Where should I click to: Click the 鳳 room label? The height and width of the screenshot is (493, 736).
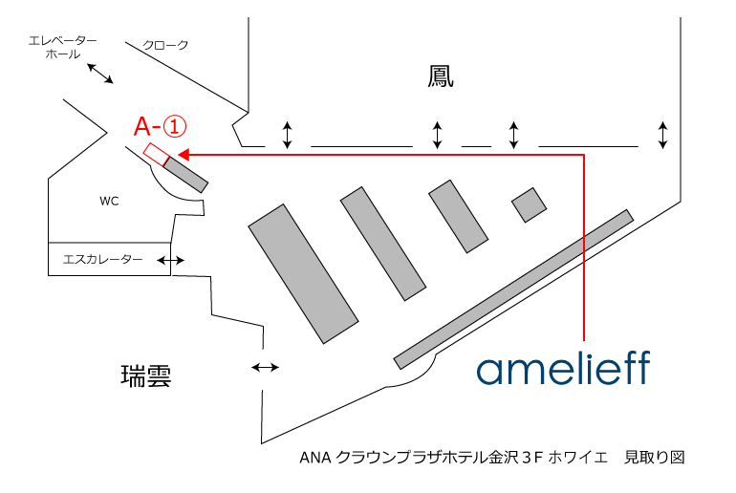tap(440, 76)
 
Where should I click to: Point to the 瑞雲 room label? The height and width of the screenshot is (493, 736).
tap(146, 374)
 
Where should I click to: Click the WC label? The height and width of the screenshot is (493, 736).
tap(109, 202)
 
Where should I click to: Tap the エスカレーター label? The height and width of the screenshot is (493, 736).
tap(102, 259)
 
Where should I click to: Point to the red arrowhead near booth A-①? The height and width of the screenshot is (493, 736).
tap(183, 153)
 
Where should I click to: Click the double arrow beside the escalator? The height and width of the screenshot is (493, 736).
tap(172, 260)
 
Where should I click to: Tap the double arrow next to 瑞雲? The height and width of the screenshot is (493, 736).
tap(265, 367)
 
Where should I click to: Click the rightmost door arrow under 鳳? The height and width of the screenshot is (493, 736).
tap(663, 135)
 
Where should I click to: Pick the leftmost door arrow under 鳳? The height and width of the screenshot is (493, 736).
tap(287, 135)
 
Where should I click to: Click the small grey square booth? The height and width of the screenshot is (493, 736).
tap(529, 204)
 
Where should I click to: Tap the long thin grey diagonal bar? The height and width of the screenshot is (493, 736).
tap(513, 289)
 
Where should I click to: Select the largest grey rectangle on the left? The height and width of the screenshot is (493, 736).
tap(303, 273)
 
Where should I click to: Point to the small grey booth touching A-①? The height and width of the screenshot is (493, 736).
tap(185, 173)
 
